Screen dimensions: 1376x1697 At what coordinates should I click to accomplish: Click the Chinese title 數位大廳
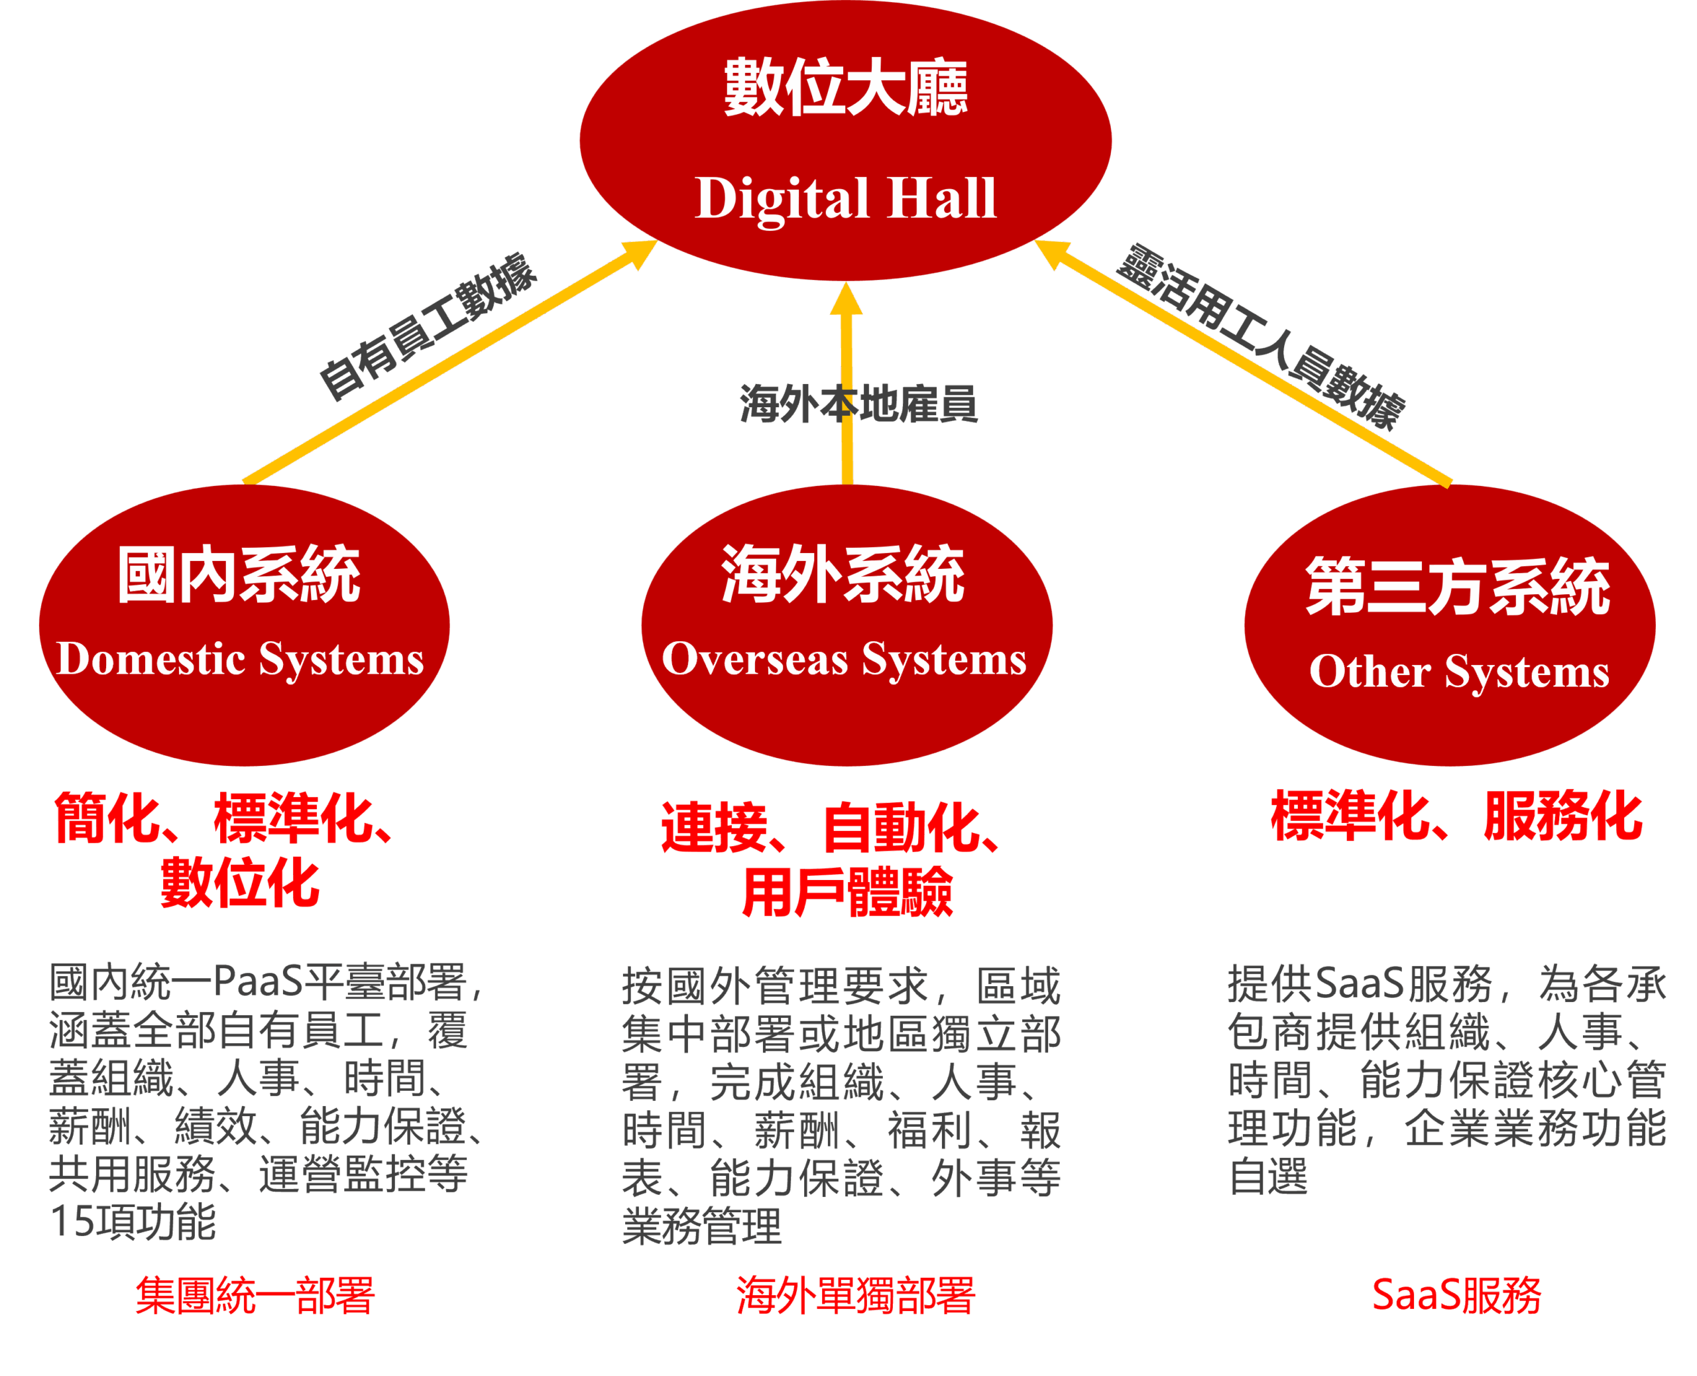(x=845, y=87)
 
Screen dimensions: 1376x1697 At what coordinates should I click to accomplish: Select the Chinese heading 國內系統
(x=239, y=575)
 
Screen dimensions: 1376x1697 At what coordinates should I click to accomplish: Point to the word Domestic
(x=151, y=658)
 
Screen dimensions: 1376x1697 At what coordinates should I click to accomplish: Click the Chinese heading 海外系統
(x=843, y=575)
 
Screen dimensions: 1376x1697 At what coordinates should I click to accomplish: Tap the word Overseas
(x=754, y=658)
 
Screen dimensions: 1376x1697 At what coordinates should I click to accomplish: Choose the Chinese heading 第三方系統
(x=1458, y=587)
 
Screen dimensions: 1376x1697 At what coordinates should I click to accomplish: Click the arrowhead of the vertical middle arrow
(x=846, y=300)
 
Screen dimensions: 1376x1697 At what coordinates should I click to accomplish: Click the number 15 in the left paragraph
(x=70, y=1221)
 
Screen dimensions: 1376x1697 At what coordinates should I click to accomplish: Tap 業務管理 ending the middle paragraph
(x=702, y=1226)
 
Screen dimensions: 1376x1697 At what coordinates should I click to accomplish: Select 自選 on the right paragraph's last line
(x=1268, y=1176)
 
